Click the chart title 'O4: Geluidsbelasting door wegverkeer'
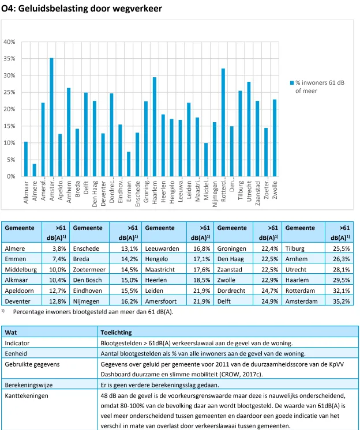point(82,9)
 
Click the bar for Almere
point(34,170)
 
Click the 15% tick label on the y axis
point(10,126)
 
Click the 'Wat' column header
point(11,333)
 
